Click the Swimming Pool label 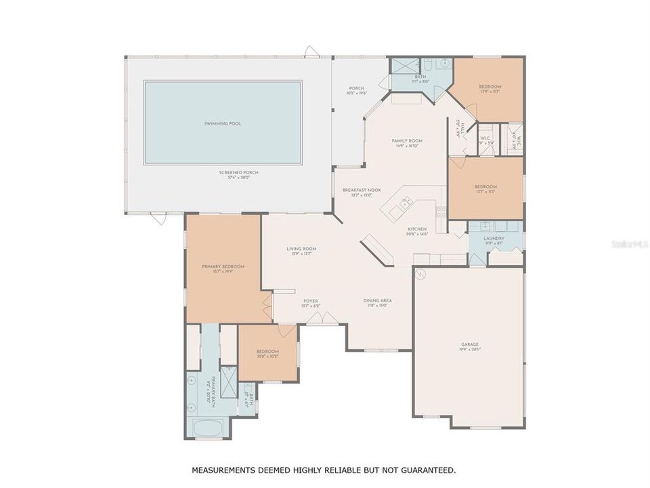[223, 123]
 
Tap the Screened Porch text [238, 172]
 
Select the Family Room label [407, 140]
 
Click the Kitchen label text [416, 229]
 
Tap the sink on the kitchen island [405, 202]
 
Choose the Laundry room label [494, 239]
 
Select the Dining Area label [377, 300]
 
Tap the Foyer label [310, 300]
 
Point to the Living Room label [301, 249]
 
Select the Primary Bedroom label [223, 266]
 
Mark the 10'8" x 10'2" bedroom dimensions [267, 356]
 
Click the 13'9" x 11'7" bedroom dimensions [490, 91]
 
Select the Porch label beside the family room [356, 88]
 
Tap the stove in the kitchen [441, 211]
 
